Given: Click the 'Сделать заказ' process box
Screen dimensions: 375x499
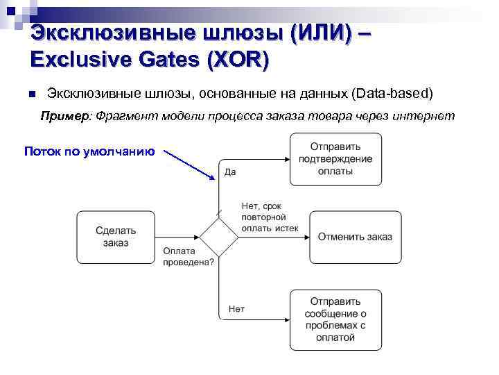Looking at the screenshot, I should tap(116, 237).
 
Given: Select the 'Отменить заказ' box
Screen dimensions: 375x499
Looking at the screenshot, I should tap(355, 237).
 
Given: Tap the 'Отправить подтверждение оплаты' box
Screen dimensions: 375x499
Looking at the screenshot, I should tap(335, 159).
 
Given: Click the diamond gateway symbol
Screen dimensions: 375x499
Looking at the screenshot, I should tap(219, 237).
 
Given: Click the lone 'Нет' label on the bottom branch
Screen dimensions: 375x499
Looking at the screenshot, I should tap(236, 308).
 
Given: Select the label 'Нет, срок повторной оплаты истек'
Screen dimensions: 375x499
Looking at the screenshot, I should tap(270, 216).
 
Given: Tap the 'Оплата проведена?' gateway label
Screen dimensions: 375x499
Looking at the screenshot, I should tap(189, 257).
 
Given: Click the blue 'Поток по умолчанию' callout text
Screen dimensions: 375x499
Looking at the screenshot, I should tap(89, 151).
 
